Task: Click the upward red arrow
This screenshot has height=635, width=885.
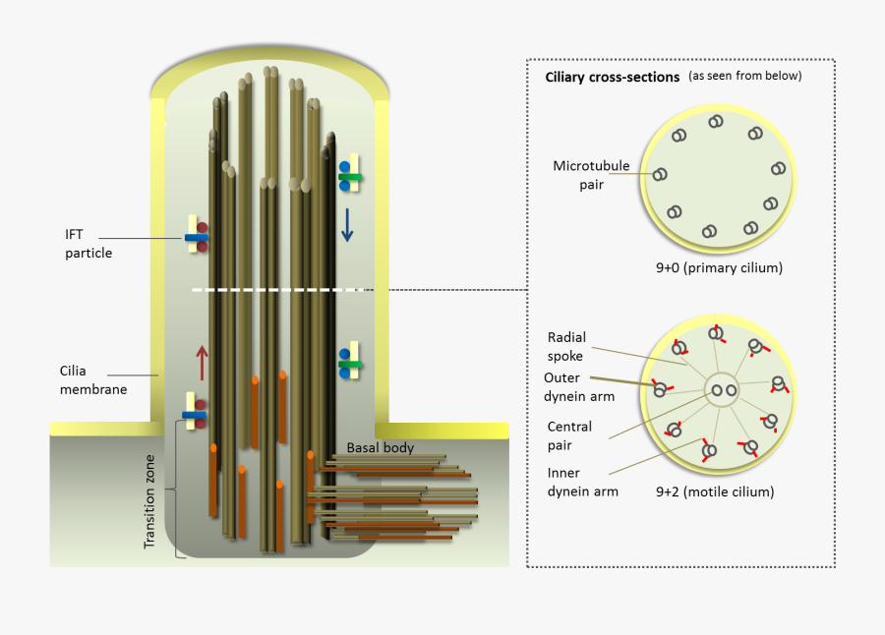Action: point(203,363)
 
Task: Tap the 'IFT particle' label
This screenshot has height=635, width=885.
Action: point(88,244)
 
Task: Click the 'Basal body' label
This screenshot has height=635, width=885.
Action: point(381,447)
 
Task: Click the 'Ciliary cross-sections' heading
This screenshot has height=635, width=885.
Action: point(612,78)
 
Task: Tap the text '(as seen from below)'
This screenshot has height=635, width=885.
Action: point(744,76)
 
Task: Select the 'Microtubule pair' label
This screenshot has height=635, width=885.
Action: point(583,175)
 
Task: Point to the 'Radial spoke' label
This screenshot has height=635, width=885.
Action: point(566,347)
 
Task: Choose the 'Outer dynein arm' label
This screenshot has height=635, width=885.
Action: point(580,387)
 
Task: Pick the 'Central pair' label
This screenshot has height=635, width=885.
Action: point(569,435)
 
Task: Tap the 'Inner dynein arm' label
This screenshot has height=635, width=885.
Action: point(582,482)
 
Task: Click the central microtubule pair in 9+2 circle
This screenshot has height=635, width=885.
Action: point(724,390)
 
